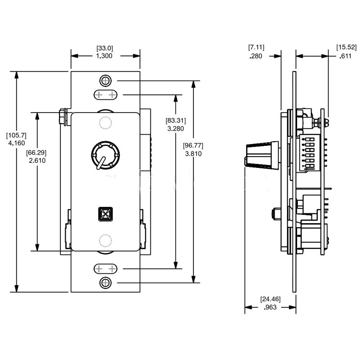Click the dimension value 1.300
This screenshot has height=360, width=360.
point(105,56)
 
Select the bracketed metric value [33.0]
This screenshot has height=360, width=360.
point(105,47)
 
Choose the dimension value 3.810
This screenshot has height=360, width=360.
point(193,153)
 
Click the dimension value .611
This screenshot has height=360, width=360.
point(346,56)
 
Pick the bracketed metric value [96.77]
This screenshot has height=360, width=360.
point(193,145)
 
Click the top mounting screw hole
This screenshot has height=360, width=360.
point(105,81)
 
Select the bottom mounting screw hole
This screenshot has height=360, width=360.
point(105,283)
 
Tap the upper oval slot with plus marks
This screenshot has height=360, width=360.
point(105,95)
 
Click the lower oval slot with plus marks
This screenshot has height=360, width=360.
point(105,269)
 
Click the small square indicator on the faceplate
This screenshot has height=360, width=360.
point(105,213)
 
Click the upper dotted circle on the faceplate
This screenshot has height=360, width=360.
point(105,123)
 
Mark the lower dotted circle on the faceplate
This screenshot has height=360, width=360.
point(105,241)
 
